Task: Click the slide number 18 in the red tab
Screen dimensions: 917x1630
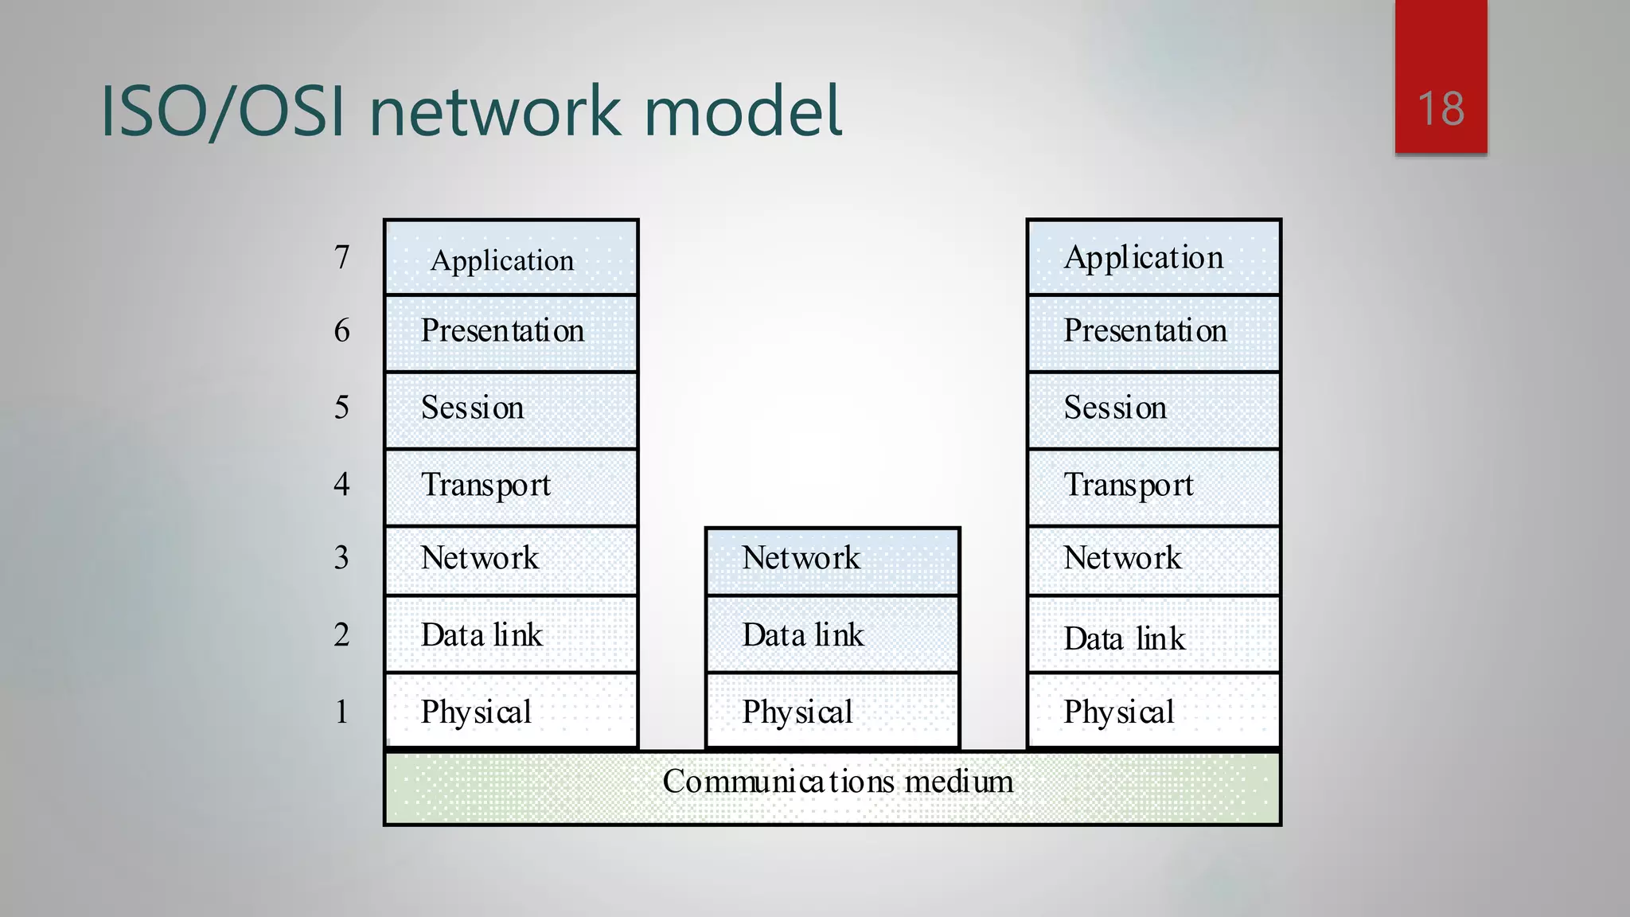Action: point(1441,109)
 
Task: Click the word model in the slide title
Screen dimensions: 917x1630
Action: point(742,111)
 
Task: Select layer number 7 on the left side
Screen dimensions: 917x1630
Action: point(341,257)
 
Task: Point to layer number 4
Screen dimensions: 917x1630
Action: point(341,484)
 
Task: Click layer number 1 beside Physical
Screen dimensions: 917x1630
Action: point(341,712)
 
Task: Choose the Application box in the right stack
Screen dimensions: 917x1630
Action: point(1153,258)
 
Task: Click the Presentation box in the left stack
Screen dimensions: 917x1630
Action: point(511,332)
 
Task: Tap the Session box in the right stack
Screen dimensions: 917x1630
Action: point(1153,408)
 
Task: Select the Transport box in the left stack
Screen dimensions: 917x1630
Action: point(511,486)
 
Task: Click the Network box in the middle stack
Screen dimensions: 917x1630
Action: point(833,560)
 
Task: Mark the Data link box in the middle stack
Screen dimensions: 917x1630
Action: point(833,635)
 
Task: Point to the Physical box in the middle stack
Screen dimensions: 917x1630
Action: point(833,712)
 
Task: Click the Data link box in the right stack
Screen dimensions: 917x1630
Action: point(1153,637)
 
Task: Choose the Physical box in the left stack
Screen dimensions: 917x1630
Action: point(511,712)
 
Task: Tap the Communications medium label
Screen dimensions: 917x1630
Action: point(837,782)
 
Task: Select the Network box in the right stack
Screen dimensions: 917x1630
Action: point(1153,560)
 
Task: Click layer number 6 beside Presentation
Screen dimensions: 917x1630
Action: point(341,330)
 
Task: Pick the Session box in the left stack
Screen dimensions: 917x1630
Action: point(511,408)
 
